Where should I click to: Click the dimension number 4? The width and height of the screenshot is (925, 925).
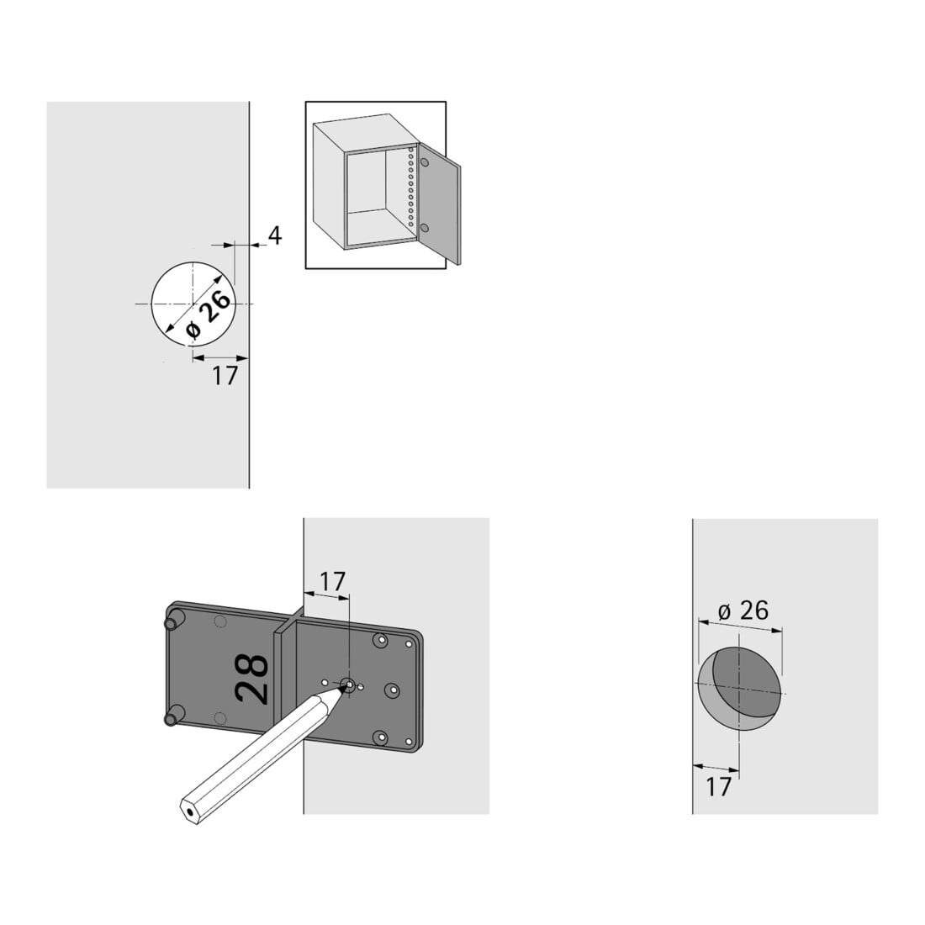[x=275, y=236]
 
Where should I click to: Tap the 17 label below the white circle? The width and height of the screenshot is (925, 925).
[x=225, y=376]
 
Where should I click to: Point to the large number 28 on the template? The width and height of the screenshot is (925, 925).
[x=252, y=679]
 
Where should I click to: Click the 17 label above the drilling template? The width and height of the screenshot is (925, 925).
[x=332, y=582]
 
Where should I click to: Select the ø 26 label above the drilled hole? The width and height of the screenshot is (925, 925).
[x=743, y=610]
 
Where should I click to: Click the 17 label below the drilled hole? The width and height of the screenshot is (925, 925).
[x=718, y=787]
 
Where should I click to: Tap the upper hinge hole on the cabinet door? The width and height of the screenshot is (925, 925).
[x=424, y=161]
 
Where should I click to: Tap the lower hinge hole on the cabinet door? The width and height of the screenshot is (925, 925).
[x=424, y=228]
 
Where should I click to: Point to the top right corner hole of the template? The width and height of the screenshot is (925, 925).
[x=408, y=643]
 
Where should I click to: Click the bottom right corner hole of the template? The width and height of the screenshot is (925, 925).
[x=408, y=742]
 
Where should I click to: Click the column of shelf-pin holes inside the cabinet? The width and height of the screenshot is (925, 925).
[x=410, y=188]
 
